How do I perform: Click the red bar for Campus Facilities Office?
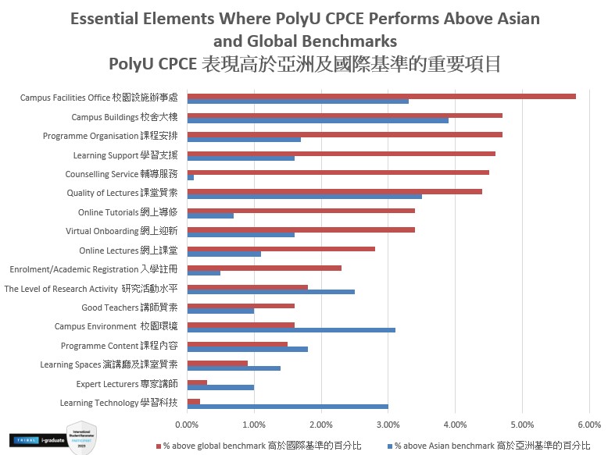point(381,96)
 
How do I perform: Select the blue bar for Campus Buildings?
point(317,120)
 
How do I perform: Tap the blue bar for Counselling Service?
point(191,177)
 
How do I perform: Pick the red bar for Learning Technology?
point(194,401)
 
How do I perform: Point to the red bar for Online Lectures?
point(281,249)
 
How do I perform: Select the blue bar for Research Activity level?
point(270,292)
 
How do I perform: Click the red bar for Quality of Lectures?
point(334,191)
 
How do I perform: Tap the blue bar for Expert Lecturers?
point(220,387)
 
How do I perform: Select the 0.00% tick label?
point(187,425)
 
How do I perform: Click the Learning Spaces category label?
point(109,364)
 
